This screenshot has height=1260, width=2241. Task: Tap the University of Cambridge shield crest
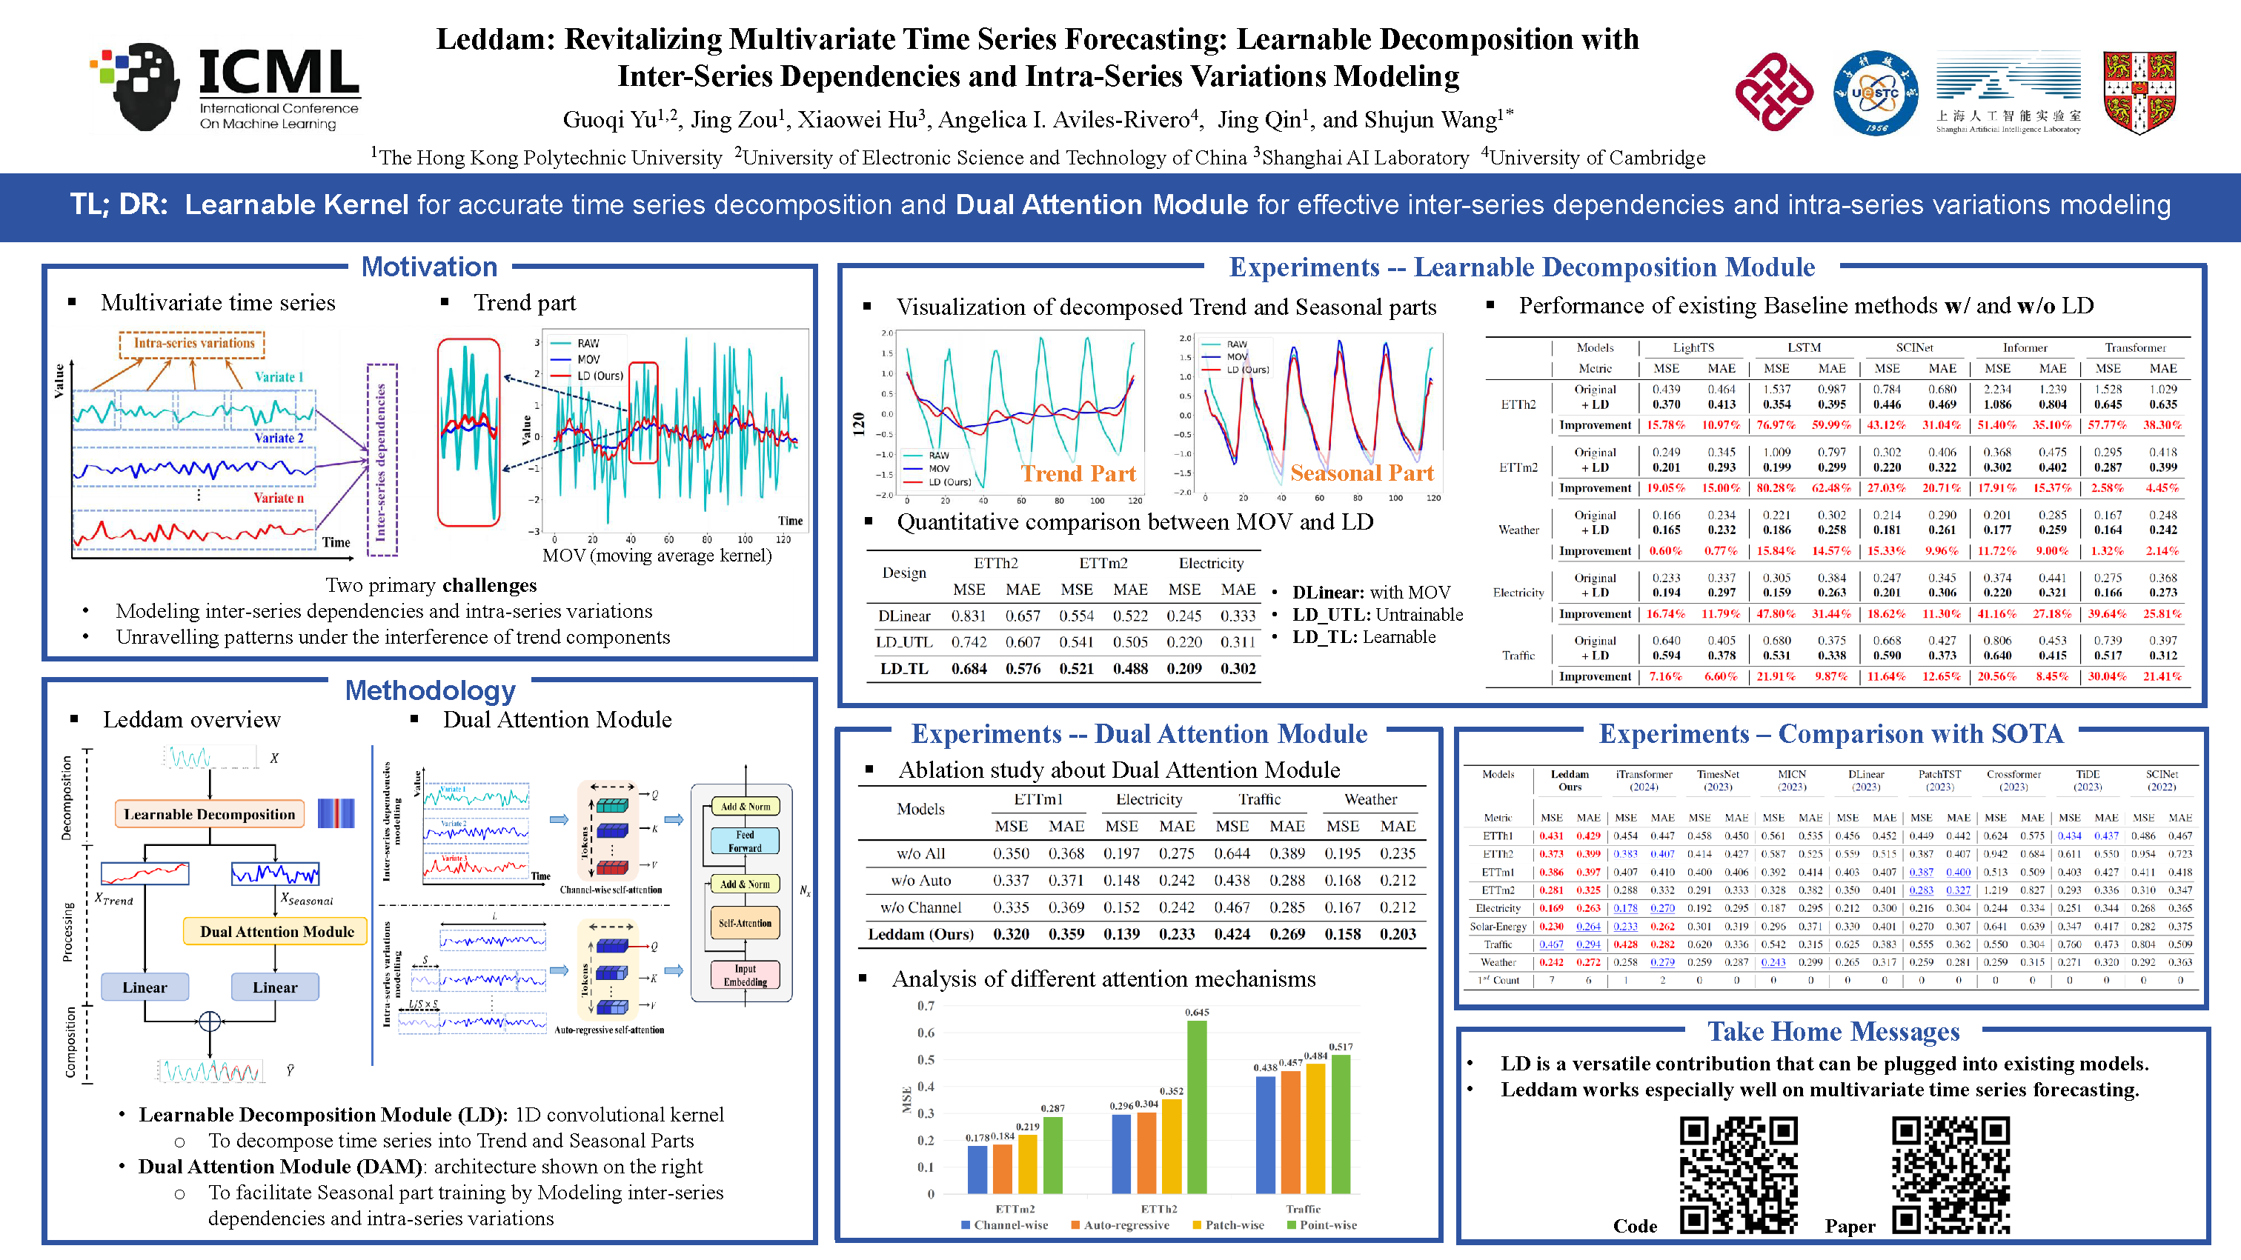(x=2139, y=91)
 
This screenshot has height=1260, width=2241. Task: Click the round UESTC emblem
(x=1875, y=92)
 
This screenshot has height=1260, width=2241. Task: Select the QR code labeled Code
(x=1737, y=1175)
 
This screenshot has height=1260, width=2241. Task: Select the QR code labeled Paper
(x=1950, y=1175)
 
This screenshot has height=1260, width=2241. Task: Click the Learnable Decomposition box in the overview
(x=209, y=814)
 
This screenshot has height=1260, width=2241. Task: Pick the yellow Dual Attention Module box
(x=276, y=931)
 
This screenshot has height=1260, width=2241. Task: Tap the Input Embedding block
(x=746, y=975)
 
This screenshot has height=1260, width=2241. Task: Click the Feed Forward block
(x=745, y=841)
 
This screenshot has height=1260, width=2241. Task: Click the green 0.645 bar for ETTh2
(x=1197, y=1106)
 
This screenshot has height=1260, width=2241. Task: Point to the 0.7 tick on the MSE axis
(x=926, y=1006)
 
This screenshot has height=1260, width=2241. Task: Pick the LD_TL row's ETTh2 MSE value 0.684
(x=969, y=669)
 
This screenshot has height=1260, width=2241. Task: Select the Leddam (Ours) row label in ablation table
(x=920, y=934)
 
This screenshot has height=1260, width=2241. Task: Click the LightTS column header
(x=1693, y=348)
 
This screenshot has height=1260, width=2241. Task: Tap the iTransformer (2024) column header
(x=1644, y=780)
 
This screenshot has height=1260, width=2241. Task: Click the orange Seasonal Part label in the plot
(x=1361, y=473)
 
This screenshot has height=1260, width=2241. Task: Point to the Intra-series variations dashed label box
(x=193, y=344)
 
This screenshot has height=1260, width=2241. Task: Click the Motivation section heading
(x=429, y=267)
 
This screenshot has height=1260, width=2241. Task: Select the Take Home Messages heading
(x=1833, y=1031)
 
